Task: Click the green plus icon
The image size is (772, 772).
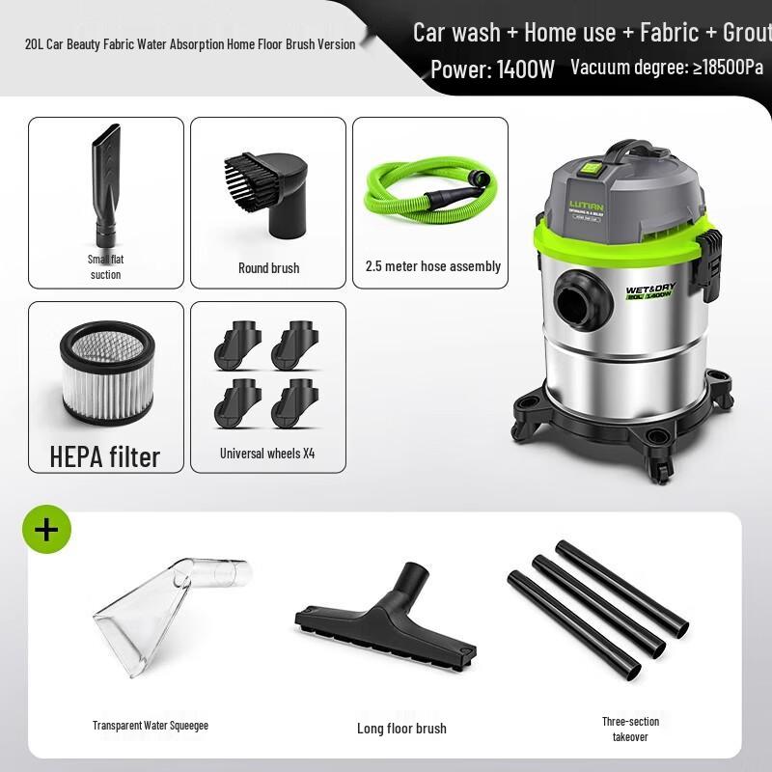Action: [46, 530]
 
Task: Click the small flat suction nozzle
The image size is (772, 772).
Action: [105, 189]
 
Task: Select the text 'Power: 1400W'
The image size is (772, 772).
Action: [492, 69]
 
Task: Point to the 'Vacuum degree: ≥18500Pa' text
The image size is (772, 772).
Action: [666, 68]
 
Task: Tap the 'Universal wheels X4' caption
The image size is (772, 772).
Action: [267, 453]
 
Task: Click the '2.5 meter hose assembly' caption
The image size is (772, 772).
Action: [432, 266]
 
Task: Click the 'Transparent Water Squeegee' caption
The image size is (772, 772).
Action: [151, 726]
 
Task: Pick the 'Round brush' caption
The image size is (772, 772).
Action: [268, 267]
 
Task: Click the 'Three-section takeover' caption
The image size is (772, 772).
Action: [630, 730]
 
